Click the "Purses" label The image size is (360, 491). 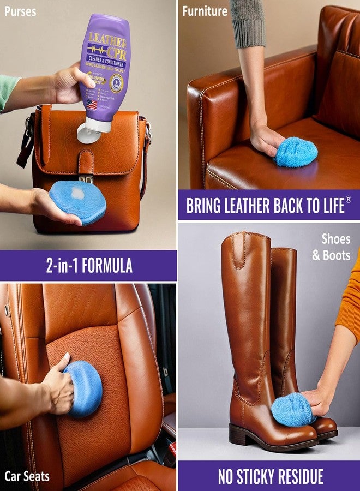click(20, 11)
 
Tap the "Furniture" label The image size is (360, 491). click(205, 11)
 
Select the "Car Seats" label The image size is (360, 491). click(27, 476)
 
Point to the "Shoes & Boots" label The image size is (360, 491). click(332, 247)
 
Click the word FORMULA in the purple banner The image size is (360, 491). click(104, 266)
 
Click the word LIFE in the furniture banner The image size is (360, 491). click(329, 206)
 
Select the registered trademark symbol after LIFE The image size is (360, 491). click(349, 200)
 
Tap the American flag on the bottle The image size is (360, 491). click(91, 103)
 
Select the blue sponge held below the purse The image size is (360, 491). click(77, 202)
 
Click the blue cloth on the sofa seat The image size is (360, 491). click(296, 152)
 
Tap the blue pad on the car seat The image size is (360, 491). click(85, 388)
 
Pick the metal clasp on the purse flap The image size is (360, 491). click(86, 178)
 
